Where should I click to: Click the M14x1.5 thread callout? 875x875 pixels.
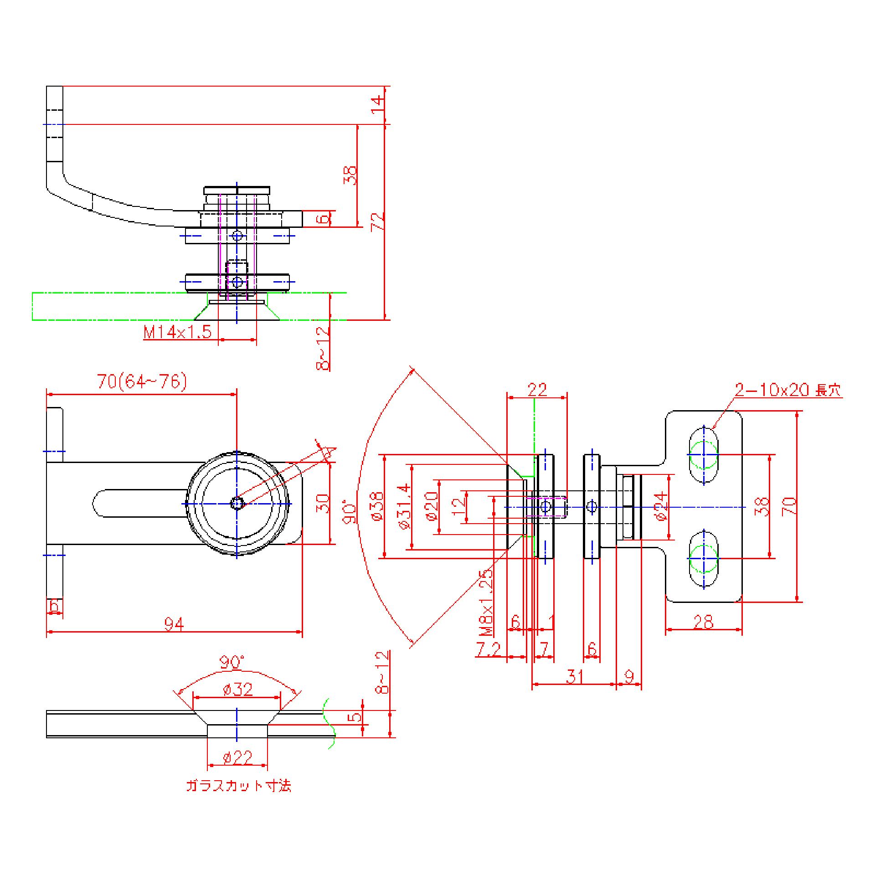point(178,332)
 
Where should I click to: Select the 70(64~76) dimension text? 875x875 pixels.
point(142,382)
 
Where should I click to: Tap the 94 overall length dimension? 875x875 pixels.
point(174,624)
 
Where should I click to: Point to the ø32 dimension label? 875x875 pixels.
point(237,690)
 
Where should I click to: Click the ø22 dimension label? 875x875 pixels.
point(237,757)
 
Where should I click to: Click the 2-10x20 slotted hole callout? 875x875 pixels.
point(788,390)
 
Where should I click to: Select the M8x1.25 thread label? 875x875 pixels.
point(487,602)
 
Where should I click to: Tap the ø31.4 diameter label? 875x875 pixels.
point(405,506)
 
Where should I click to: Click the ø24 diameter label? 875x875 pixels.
point(662,506)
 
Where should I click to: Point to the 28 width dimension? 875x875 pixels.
point(703,622)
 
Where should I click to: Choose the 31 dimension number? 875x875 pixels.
point(575,676)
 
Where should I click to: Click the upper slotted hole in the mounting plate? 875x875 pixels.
point(704,454)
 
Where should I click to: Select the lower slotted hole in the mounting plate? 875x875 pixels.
point(704,558)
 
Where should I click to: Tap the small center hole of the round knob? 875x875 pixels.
point(237,503)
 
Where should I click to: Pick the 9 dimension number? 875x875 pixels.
point(629,677)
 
